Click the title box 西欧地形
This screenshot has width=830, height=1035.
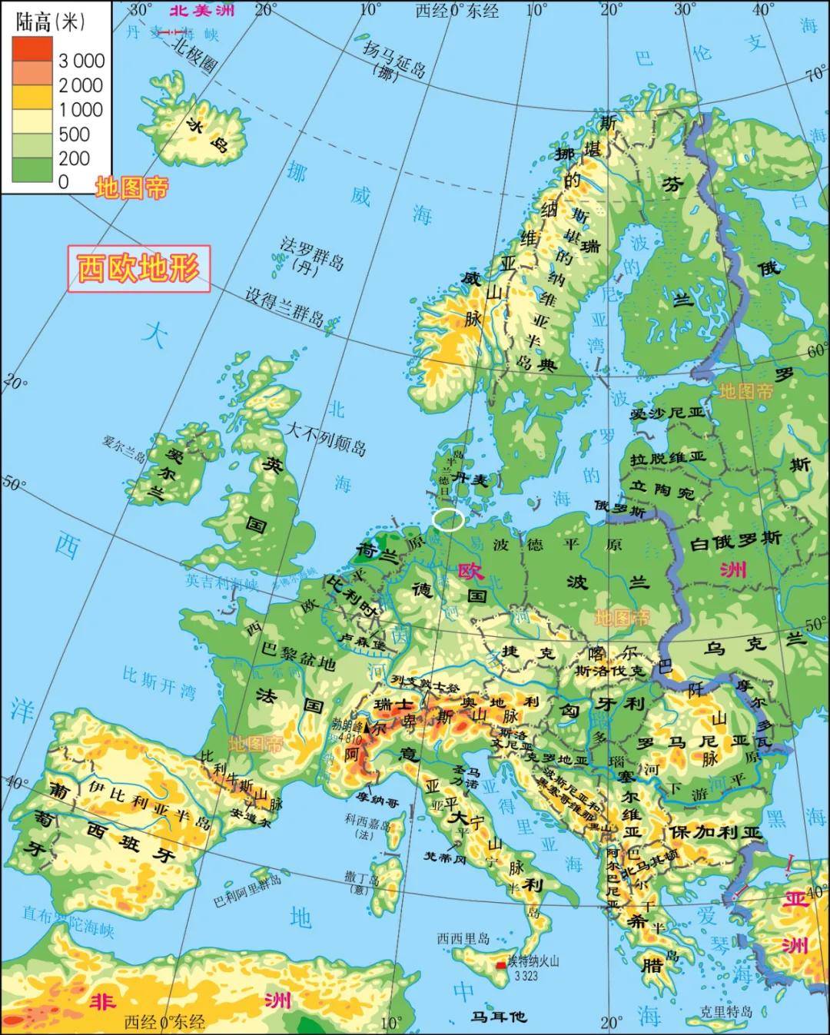(x=139, y=269)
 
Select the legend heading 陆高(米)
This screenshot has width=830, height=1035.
(x=48, y=22)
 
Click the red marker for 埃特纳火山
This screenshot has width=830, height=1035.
(x=501, y=964)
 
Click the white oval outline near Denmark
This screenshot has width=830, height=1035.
(x=448, y=520)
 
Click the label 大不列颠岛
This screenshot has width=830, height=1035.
(x=326, y=437)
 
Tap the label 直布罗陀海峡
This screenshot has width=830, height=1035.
(x=68, y=922)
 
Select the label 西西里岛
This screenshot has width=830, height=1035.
(x=463, y=938)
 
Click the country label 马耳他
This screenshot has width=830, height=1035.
(x=499, y=1016)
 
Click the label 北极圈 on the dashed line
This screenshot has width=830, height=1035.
(x=193, y=56)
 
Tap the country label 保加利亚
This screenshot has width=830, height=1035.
(x=715, y=833)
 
